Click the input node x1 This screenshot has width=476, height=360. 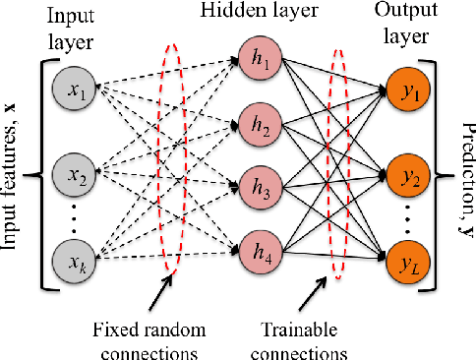(76, 94)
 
